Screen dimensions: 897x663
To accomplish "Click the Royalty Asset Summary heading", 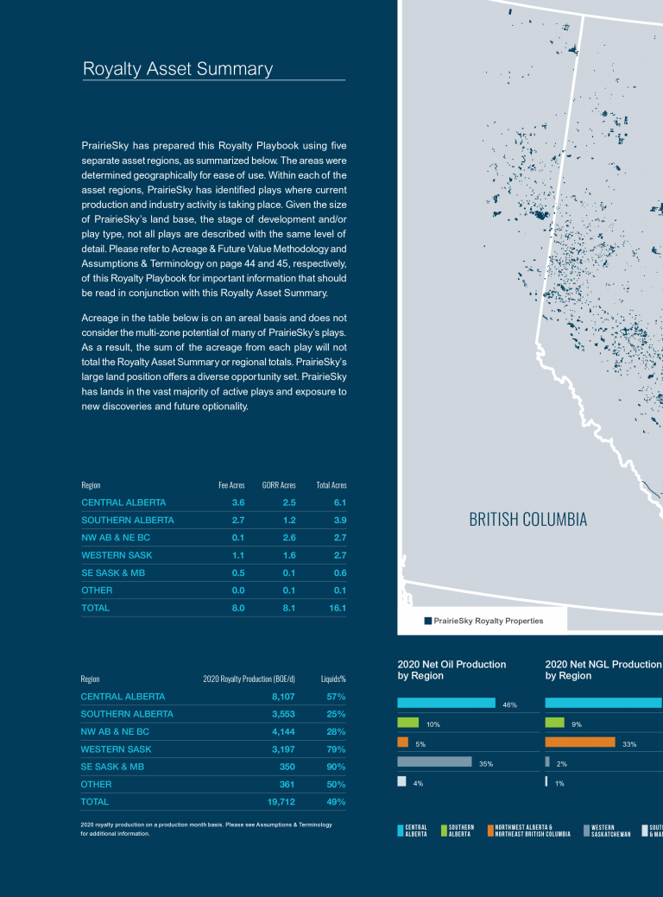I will click(178, 69).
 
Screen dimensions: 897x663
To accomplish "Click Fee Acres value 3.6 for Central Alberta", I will click(238, 502).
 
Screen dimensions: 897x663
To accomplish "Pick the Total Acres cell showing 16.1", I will click(337, 608).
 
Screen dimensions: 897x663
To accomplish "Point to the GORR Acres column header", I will click(279, 485).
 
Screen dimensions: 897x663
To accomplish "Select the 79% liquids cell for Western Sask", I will click(336, 749).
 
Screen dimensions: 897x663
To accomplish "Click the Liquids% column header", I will click(333, 679).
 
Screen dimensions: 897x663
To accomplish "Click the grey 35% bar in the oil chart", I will click(434, 761).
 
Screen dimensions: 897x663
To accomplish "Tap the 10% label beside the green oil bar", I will click(433, 723).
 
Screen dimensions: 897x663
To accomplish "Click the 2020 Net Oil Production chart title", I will click(451, 670).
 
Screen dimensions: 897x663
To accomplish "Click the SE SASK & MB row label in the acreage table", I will click(112, 572).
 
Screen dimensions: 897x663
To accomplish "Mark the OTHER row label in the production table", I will click(96, 785).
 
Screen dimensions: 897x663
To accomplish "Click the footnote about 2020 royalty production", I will click(205, 830).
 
